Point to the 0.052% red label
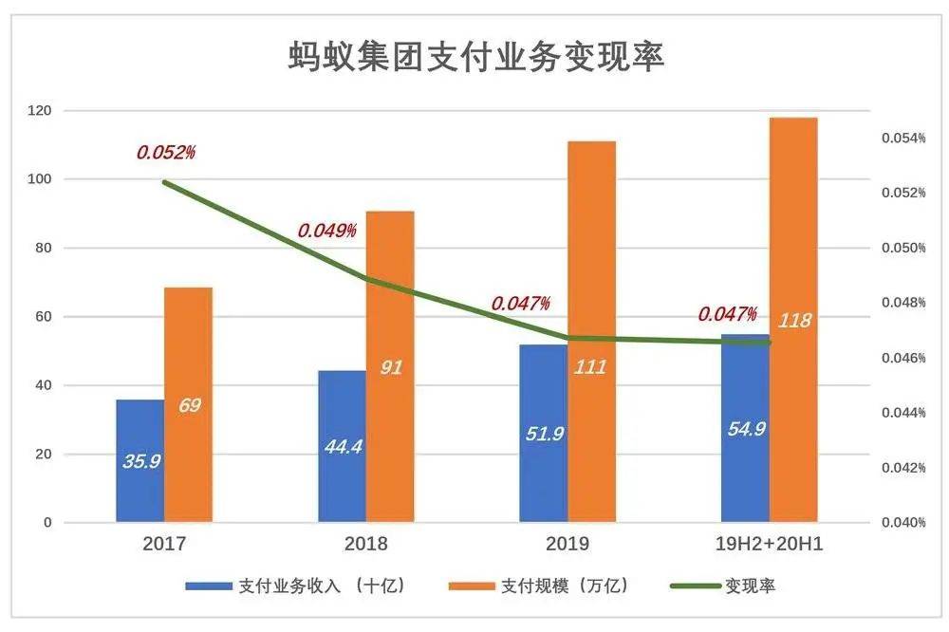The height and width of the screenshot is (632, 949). coord(166,152)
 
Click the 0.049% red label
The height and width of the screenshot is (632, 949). coord(327,231)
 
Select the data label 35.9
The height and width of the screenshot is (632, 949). coord(140,461)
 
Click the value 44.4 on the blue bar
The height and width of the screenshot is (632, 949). coord(342,444)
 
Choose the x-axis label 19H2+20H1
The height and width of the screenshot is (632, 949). coord(770,545)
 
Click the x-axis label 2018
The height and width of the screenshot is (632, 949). coord(366,545)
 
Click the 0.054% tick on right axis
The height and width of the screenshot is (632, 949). coord(897,139)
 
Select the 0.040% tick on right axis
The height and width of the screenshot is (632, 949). coord(897,523)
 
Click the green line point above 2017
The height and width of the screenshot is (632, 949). coord(164,182)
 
